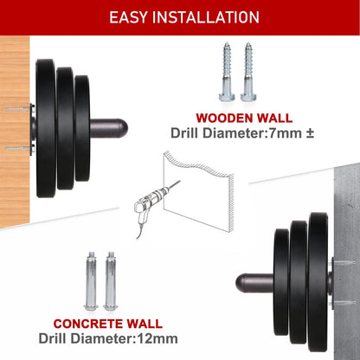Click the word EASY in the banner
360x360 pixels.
tap(128, 17)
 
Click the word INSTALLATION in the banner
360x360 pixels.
tap(206, 17)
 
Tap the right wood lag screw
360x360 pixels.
tap(247, 72)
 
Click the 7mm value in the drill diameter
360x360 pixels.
tap(285, 133)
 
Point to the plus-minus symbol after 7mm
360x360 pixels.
tap(310, 134)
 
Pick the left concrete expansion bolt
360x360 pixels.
tap(91, 281)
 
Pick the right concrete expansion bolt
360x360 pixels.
tap(111, 281)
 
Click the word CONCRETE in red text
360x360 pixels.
tap(87, 324)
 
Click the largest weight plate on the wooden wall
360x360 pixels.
tap(46, 128)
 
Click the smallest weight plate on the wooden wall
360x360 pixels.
tap(82, 128)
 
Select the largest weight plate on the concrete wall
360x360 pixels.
tap(318, 283)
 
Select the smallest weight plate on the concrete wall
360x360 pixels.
tap(281, 283)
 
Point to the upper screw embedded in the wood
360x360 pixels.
tap(17, 109)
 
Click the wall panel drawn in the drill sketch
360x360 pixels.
tap(198, 190)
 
